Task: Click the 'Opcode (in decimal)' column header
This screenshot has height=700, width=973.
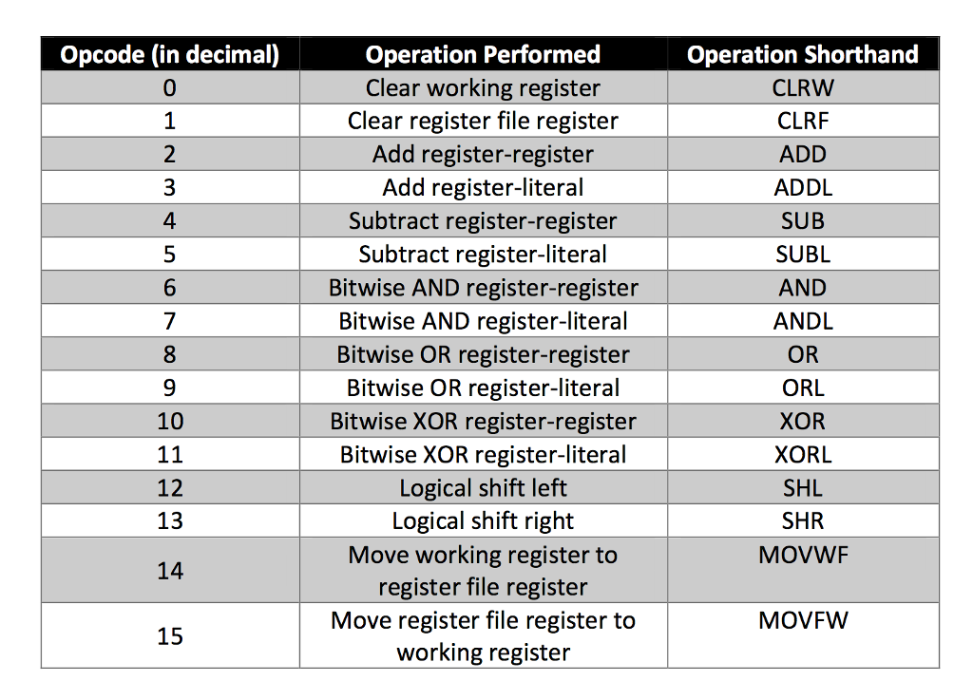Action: [170, 54]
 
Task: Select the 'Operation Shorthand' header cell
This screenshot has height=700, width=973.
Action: [803, 54]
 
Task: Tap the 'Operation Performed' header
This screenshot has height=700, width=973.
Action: [483, 54]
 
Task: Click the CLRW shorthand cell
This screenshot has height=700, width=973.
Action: [803, 88]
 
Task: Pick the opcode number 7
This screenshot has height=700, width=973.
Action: [170, 321]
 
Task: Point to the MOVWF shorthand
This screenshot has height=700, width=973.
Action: [803, 555]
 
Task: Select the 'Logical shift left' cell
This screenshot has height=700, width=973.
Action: [483, 488]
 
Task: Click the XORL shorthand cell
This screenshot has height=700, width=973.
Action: [803, 455]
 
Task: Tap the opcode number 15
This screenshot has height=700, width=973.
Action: [170, 635]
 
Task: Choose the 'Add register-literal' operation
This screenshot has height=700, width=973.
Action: [483, 188]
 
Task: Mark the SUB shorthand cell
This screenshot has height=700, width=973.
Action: [803, 221]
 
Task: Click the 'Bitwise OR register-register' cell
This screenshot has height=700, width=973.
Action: [483, 354]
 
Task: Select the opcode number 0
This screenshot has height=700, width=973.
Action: [170, 88]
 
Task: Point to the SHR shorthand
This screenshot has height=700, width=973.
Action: [803, 521]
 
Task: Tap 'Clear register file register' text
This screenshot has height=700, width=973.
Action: [483, 122]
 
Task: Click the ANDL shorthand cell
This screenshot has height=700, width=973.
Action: [803, 321]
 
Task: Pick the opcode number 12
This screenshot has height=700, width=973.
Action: [170, 488]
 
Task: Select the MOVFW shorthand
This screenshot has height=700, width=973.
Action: [803, 621]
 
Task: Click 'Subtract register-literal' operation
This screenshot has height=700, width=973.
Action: [483, 255]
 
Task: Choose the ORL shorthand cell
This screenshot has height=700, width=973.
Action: [803, 388]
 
